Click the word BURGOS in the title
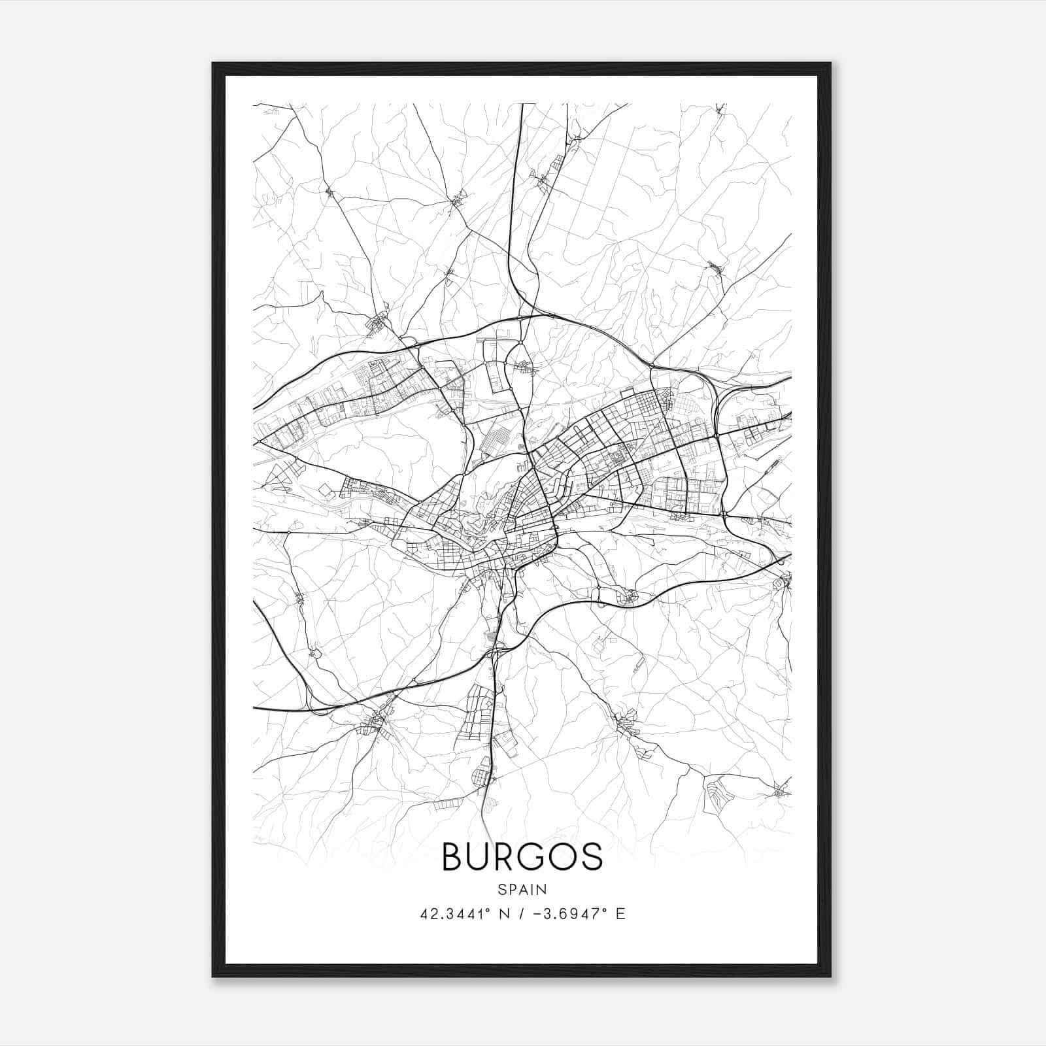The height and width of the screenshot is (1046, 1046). pyautogui.click(x=522, y=856)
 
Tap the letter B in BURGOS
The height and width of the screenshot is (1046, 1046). pyautogui.click(x=453, y=856)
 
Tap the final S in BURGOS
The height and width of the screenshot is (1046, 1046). pyautogui.click(x=592, y=856)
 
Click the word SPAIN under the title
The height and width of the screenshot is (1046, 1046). pyautogui.click(x=522, y=889)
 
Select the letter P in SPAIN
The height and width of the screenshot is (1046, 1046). pyautogui.click(x=513, y=889)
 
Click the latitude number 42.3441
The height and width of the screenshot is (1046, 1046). pyautogui.click(x=452, y=913)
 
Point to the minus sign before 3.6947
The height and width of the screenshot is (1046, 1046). pyautogui.click(x=537, y=914)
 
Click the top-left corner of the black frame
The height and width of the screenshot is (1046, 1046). pyautogui.click(x=213, y=63)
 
